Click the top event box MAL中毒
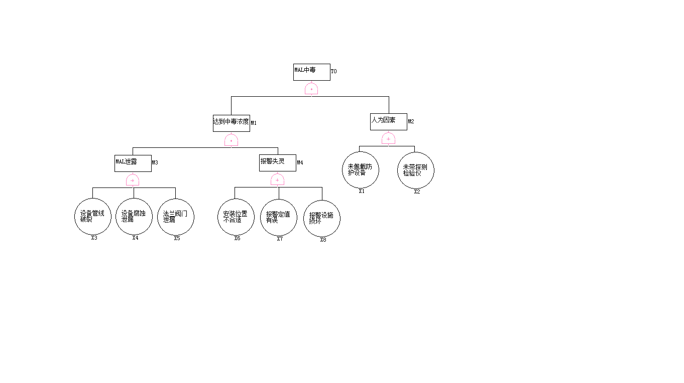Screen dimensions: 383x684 (x=311, y=72)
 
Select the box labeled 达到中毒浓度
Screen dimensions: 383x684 (x=231, y=123)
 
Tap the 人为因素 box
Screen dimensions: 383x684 (x=388, y=122)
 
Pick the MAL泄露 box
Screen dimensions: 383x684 (x=133, y=163)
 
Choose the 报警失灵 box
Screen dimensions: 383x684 (x=277, y=163)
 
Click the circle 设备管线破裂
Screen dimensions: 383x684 (x=93, y=217)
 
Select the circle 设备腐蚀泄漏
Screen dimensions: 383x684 (x=134, y=217)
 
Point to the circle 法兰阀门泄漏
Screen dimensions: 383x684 (x=176, y=217)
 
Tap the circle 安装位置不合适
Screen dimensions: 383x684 (x=236, y=217)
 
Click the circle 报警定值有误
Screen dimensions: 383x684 (x=278, y=217)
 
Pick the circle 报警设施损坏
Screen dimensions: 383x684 (x=322, y=219)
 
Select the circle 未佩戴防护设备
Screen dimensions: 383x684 (x=361, y=170)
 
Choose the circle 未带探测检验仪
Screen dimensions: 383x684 (x=416, y=170)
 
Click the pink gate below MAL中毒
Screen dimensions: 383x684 (x=311, y=89)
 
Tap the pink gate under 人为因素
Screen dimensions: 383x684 (x=388, y=139)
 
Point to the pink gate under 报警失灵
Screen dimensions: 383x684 (x=277, y=180)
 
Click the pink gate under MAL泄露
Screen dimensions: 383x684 (x=133, y=180)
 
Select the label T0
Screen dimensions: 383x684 (x=334, y=71)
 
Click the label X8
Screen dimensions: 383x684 (x=323, y=240)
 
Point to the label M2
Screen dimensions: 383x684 (x=411, y=121)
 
